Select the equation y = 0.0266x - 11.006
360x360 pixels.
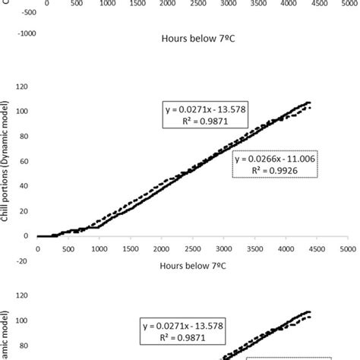(x=275, y=159)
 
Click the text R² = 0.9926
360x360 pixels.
(x=275, y=171)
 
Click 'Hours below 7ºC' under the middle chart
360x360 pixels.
(x=189, y=267)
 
